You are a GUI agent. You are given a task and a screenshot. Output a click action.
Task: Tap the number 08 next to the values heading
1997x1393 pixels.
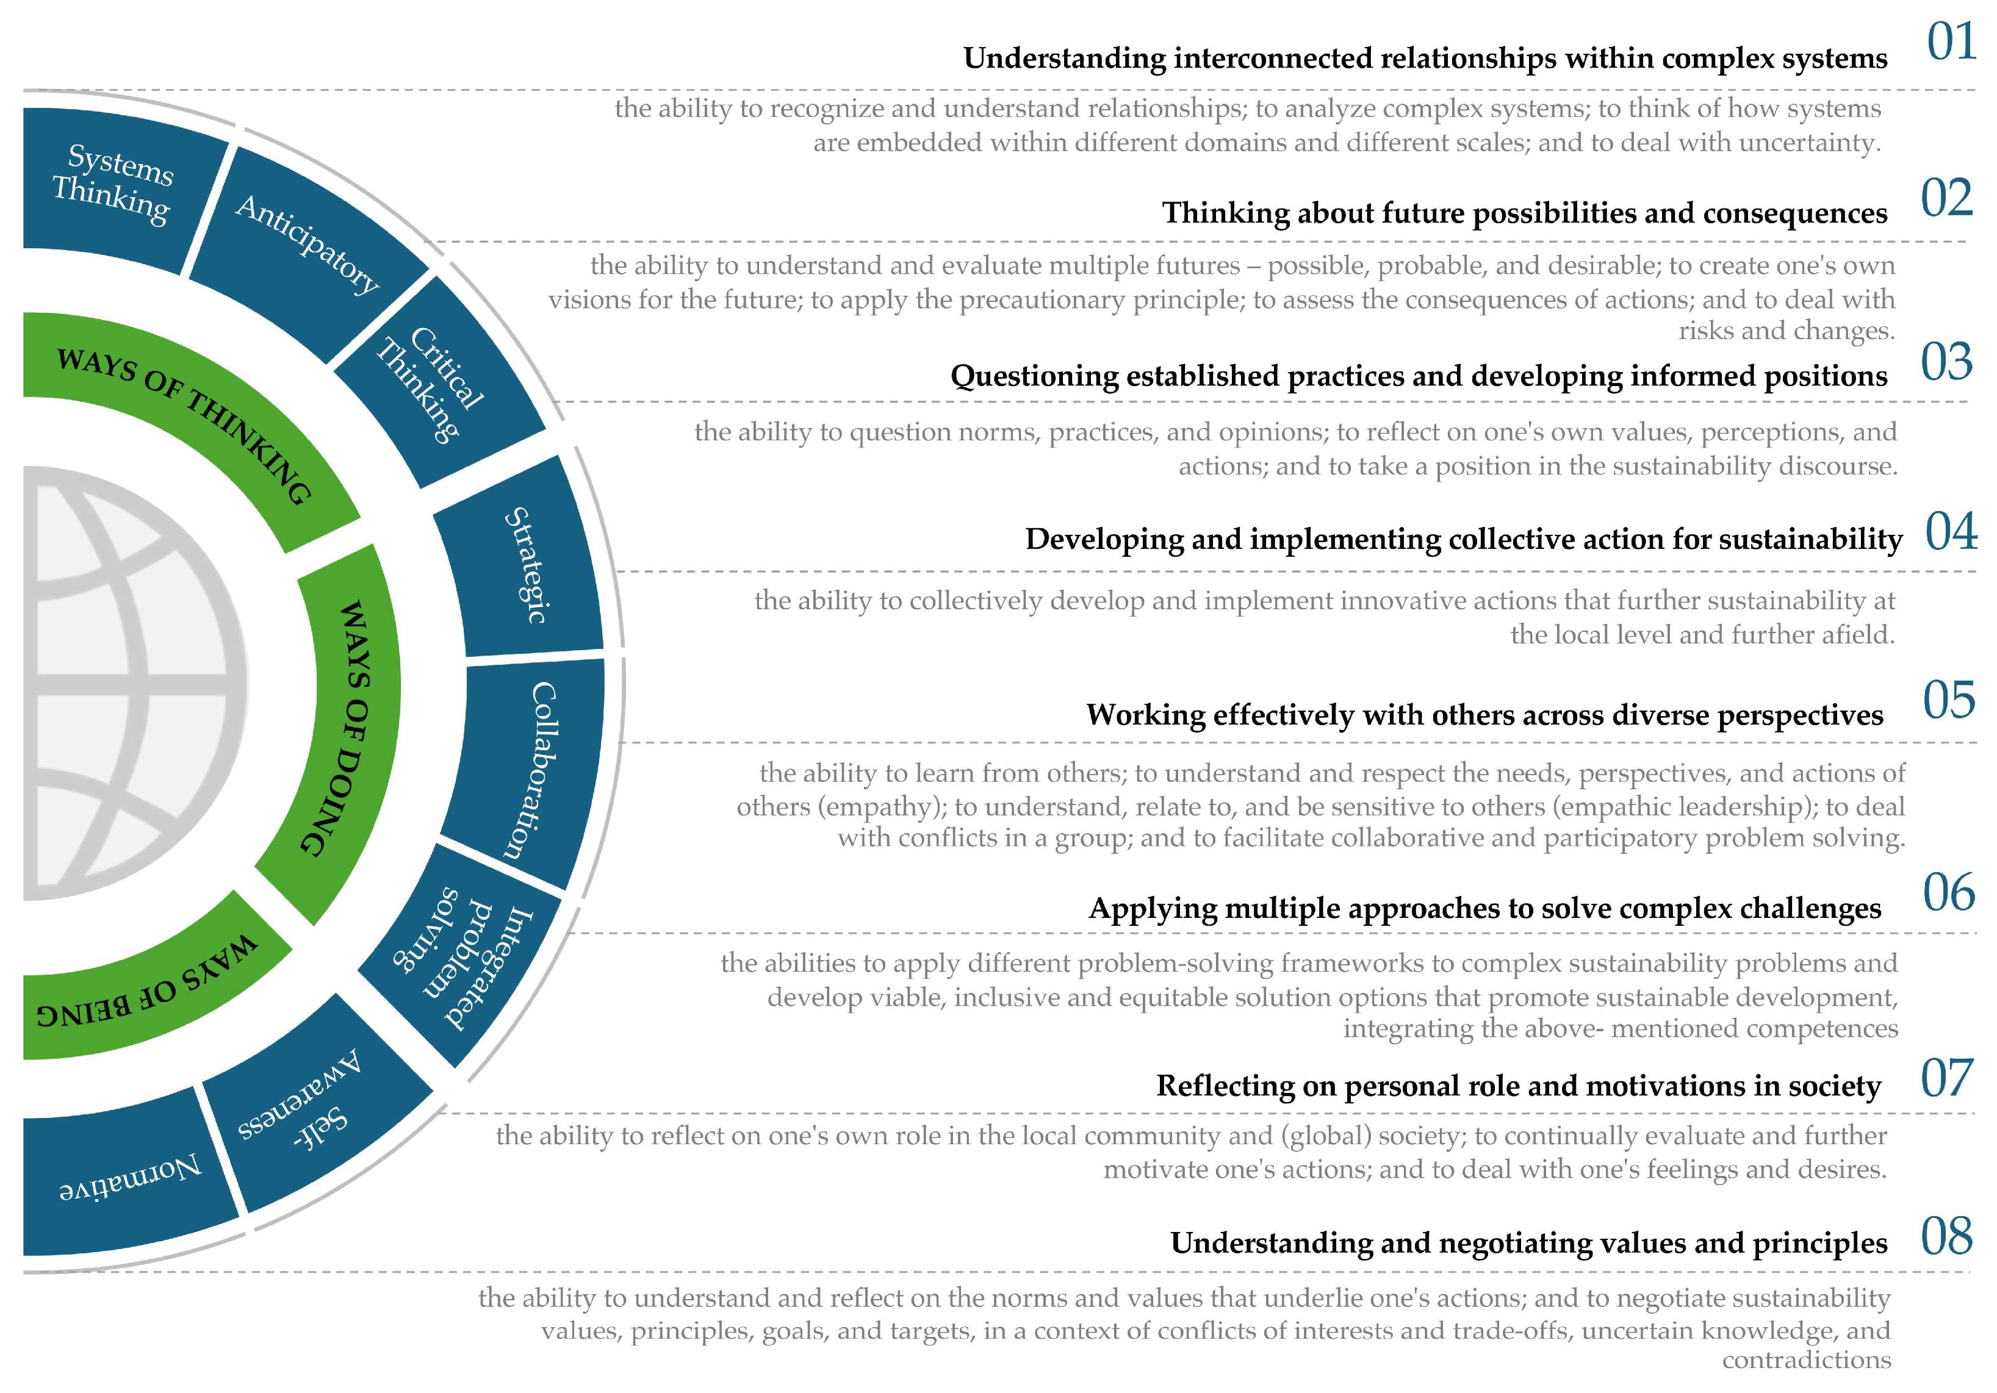1946,1236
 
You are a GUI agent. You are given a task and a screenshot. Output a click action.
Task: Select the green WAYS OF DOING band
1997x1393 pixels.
344,731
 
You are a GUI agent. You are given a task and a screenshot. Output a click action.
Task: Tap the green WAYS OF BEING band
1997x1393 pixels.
148,987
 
